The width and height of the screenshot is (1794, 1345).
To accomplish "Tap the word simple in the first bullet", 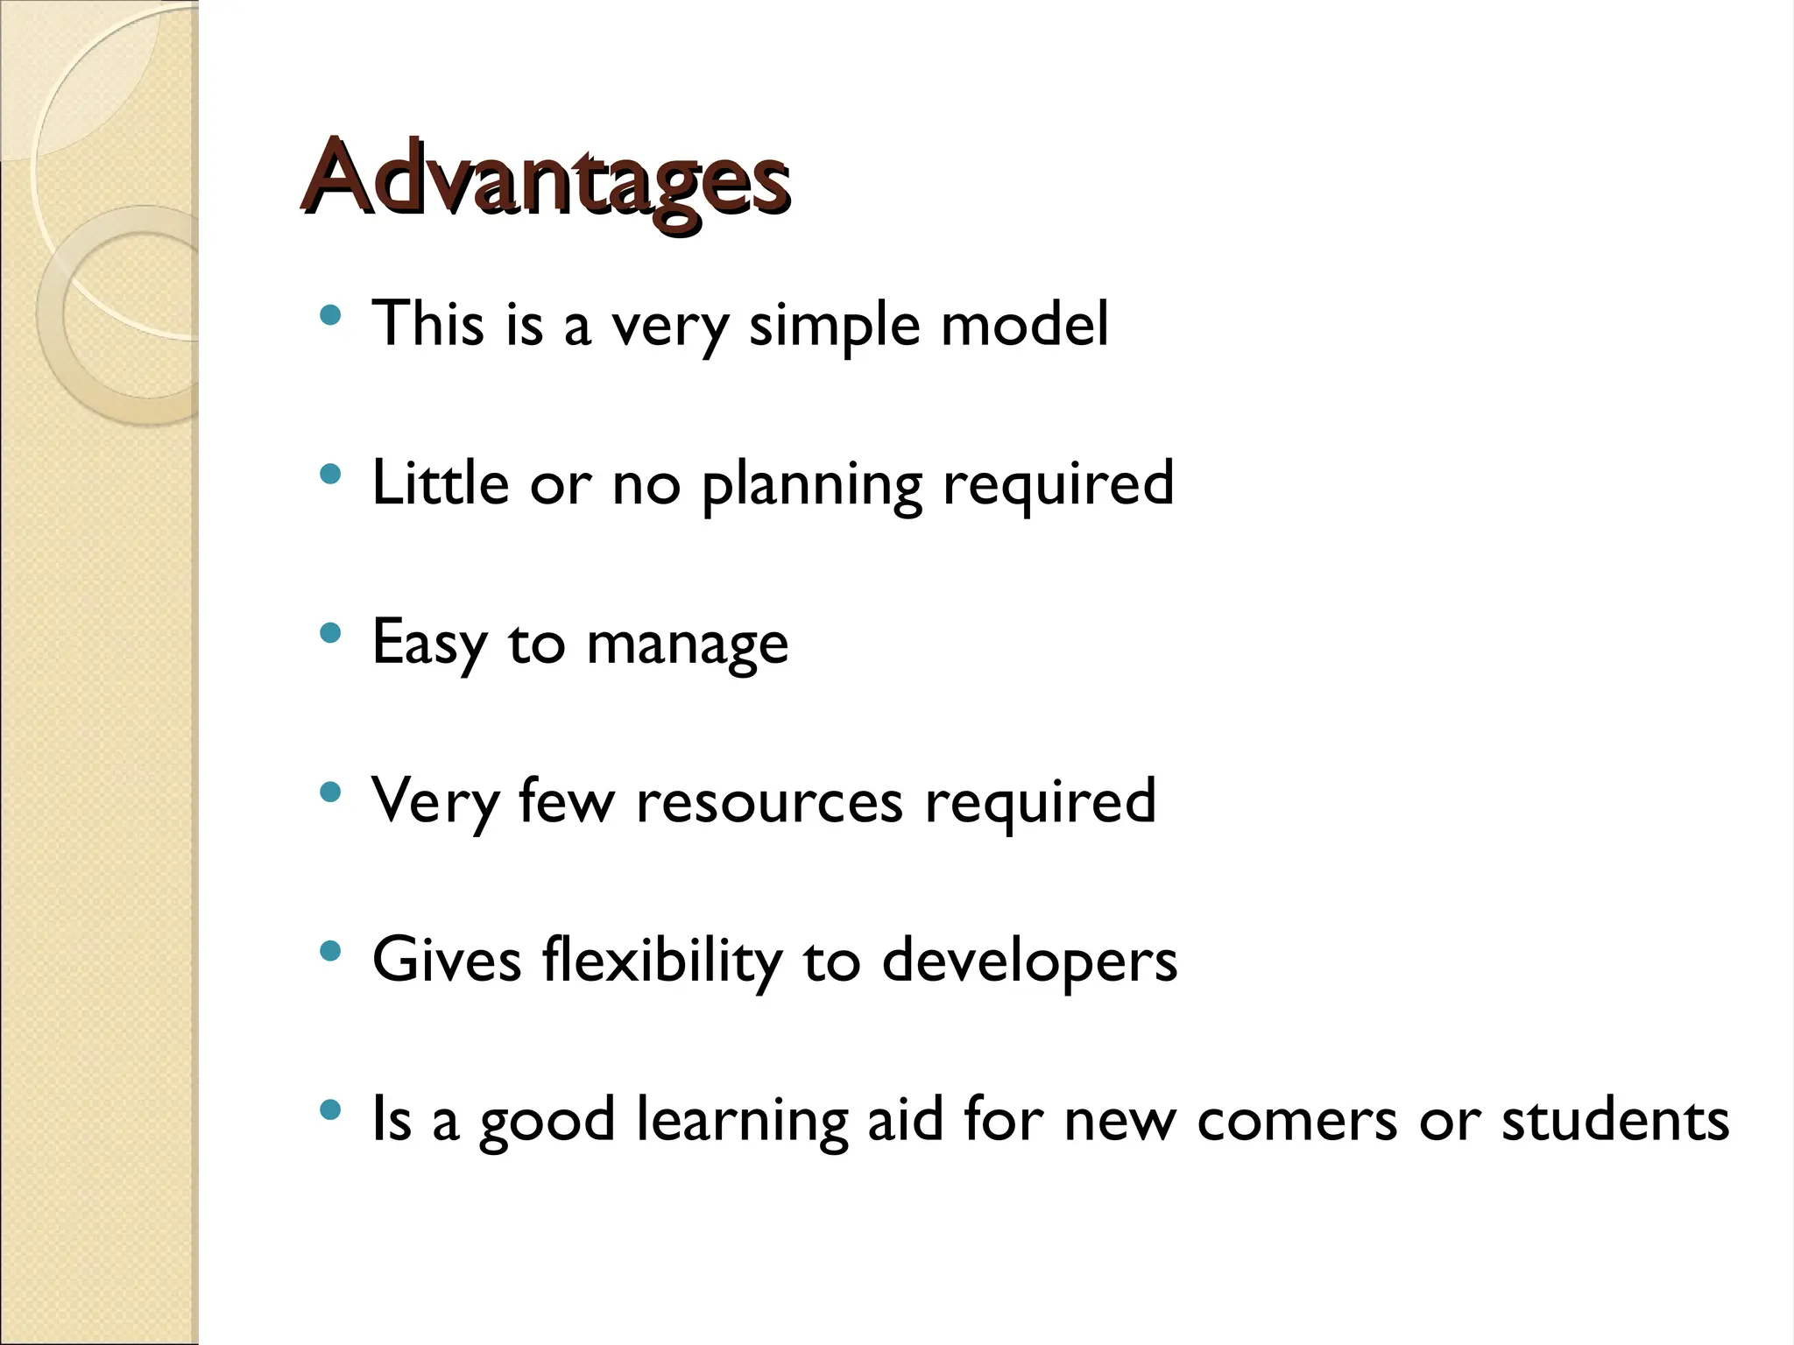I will (x=835, y=324).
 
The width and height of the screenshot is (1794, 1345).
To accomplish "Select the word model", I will (x=1024, y=324).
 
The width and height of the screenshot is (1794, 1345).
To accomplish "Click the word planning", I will (x=812, y=484).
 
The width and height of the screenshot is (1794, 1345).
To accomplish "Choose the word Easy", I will (x=428, y=643).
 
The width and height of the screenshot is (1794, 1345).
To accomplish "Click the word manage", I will (x=687, y=644).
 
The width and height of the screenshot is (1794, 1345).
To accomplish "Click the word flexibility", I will (x=661, y=961).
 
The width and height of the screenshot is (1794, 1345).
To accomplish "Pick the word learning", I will (x=742, y=1120).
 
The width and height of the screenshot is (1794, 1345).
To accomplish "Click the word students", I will (x=1615, y=1120).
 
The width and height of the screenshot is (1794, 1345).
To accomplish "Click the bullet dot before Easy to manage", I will (x=330, y=633).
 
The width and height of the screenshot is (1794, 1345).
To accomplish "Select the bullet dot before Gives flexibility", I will (x=330, y=951).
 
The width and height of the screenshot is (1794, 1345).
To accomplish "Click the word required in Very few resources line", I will (x=1041, y=802).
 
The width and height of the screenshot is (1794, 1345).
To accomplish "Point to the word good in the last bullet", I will (x=547, y=1122).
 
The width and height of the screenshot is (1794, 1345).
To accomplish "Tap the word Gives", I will (x=447, y=961).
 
